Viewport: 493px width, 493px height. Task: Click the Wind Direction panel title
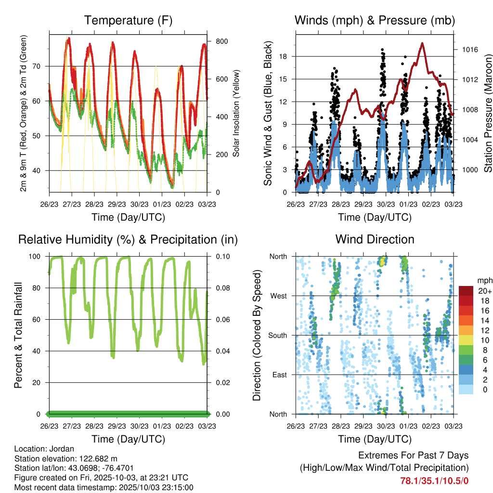pyautogui.click(x=375, y=239)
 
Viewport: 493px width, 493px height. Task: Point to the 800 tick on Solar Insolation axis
pyautogui.click(x=221, y=41)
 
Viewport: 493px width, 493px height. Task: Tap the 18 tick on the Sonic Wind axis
pyautogui.click(x=283, y=56)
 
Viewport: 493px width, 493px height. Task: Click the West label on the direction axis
pyautogui.click(x=279, y=296)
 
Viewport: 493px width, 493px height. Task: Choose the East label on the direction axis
pyautogui.click(x=280, y=375)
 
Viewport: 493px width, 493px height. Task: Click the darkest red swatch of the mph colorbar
pyautogui.click(x=466, y=291)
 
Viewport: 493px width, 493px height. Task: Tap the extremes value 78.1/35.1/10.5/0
pyautogui.click(x=434, y=480)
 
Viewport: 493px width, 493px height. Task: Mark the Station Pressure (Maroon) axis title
pyautogui.click(x=487, y=113)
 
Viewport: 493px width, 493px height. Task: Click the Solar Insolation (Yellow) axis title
pyautogui.click(x=236, y=113)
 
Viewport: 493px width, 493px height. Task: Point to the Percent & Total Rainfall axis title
pyautogui.click(x=19, y=335)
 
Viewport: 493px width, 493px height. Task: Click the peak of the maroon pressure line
pyautogui.click(x=422, y=43)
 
